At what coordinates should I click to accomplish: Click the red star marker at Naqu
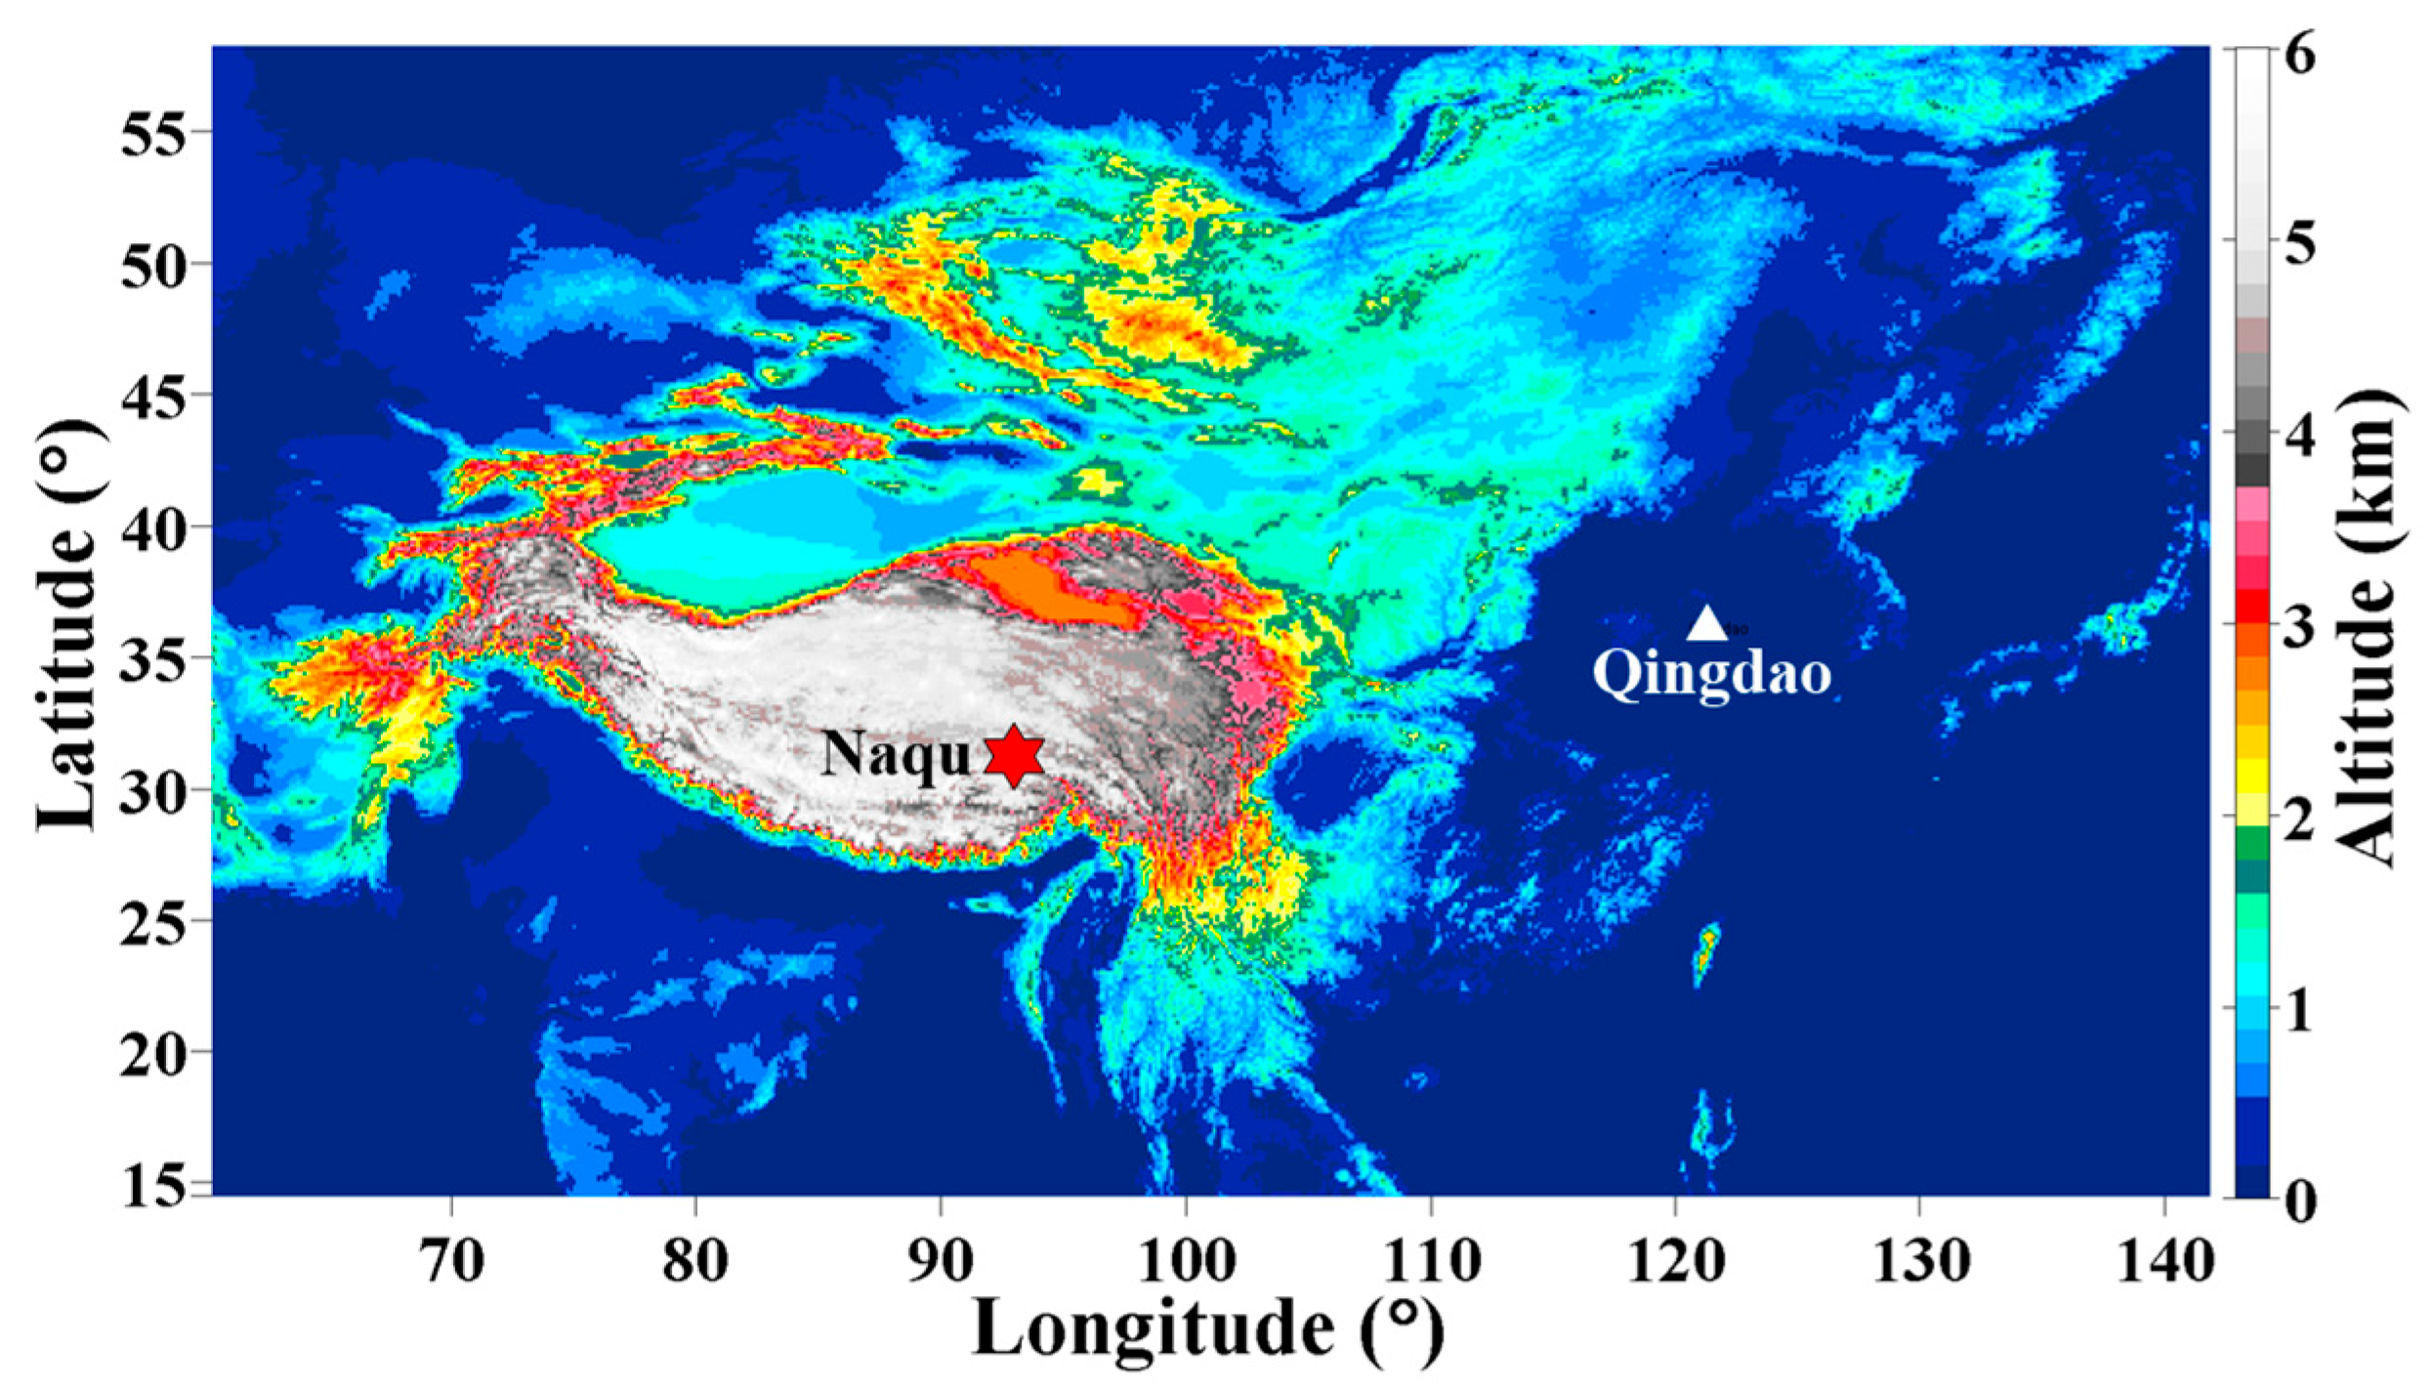[x=1014, y=755]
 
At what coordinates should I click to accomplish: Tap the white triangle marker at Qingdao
[x=1706, y=623]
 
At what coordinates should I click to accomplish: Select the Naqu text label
[x=896, y=755]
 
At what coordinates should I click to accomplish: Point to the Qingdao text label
[x=1711, y=673]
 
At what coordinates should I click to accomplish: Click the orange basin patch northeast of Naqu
[x=1050, y=589]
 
